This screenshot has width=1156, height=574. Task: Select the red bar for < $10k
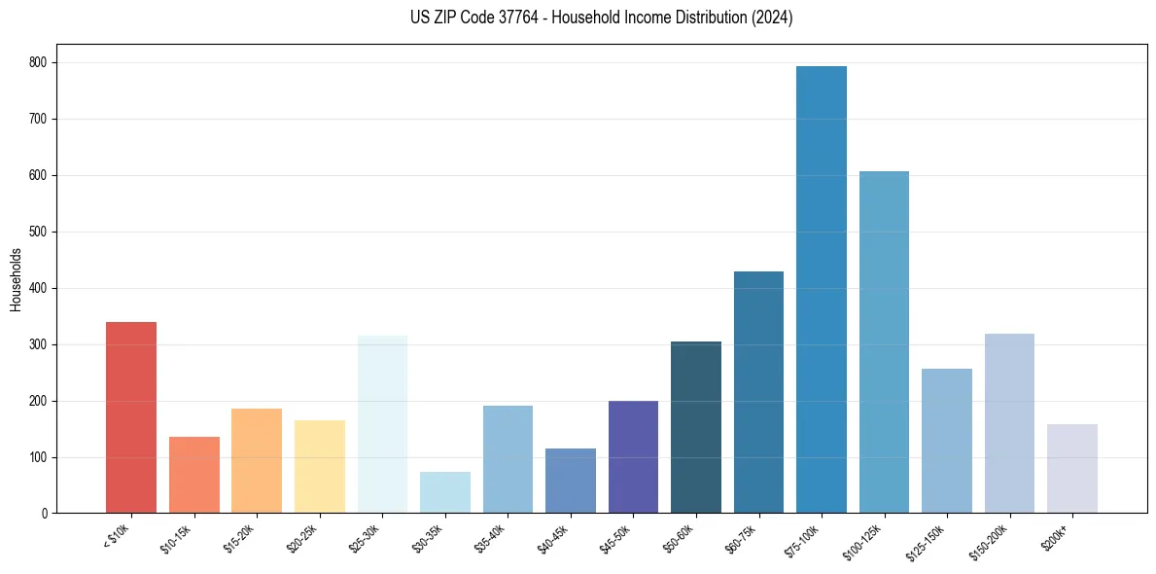(x=131, y=417)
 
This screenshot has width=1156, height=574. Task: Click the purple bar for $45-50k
(x=633, y=456)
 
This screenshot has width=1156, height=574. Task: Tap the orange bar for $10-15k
(x=193, y=475)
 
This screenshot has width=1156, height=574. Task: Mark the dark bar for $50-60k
(x=696, y=427)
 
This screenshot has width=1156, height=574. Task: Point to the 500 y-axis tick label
(x=42, y=232)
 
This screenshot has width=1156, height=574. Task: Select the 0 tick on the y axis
(x=48, y=513)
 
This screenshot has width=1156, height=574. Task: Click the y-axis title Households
(x=17, y=279)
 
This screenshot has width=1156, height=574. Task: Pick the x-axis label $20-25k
(x=301, y=538)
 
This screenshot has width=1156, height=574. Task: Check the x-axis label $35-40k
(x=490, y=538)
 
